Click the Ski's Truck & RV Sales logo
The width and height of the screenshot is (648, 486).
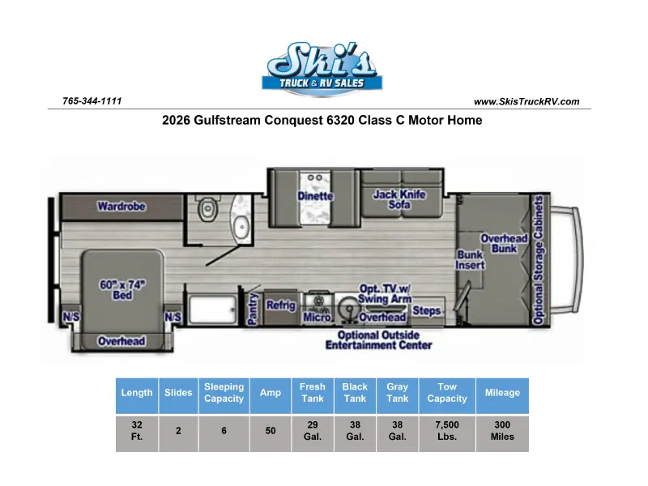click(322, 69)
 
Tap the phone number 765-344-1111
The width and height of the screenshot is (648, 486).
click(92, 101)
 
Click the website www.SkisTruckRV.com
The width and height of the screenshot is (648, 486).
click(526, 102)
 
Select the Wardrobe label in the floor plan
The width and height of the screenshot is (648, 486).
click(122, 207)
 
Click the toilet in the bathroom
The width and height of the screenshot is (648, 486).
click(208, 209)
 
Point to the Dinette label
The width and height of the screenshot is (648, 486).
click(315, 196)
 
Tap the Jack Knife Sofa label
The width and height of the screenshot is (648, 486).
click(399, 199)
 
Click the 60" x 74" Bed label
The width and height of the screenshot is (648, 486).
click(122, 290)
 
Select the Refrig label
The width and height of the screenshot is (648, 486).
click(281, 305)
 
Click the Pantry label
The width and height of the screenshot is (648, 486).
click(253, 309)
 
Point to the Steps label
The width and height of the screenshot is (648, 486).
click(427, 310)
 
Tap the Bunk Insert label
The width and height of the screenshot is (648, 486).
click(470, 260)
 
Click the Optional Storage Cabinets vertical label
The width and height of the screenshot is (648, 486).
click(538, 260)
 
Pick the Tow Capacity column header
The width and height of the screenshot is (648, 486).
click(447, 393)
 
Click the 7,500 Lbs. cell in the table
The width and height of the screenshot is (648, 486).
click(447, 431)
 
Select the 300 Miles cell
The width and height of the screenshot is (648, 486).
click(502, 431)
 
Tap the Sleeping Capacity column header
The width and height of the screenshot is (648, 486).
click(224, 393)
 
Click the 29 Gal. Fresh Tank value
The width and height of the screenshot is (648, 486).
click(313, 431)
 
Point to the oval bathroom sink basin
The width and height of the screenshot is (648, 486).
click(241, 227)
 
